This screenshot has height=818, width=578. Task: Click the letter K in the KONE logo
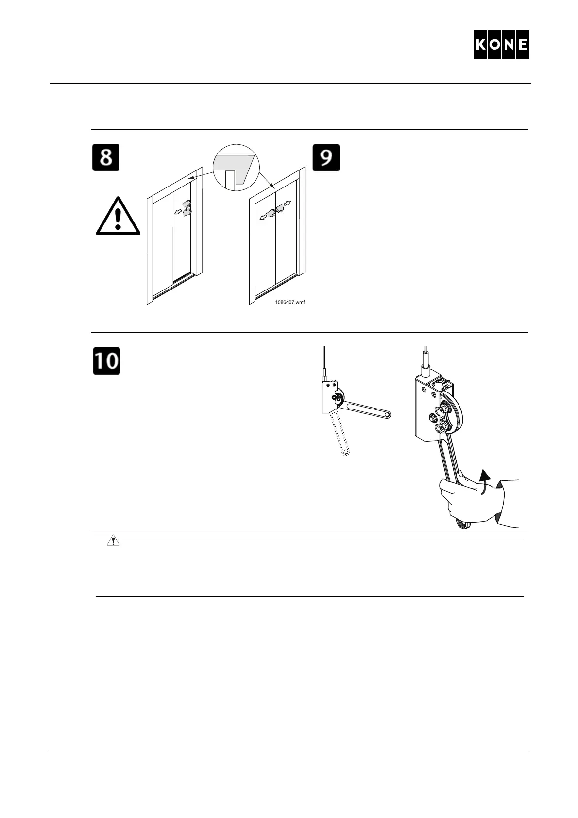point(481,45)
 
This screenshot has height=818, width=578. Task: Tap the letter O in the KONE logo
point(495,45)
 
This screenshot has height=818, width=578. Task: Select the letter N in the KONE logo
point(509,45)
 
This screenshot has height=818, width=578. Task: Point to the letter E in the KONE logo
point(522,45)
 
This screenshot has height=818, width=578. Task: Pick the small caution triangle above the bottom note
point(113,541)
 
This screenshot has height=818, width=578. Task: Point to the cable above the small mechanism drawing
point(324,359)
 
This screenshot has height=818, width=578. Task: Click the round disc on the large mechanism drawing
point(452,411)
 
